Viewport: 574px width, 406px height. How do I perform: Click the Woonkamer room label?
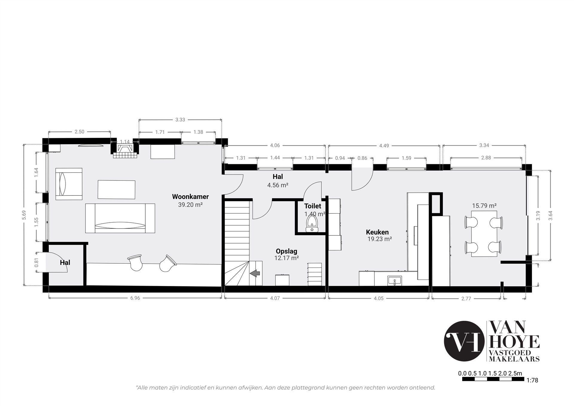(190, 197)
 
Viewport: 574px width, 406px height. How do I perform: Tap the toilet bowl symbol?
(312, 224)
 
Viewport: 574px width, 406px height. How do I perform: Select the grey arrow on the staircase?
(255, 273)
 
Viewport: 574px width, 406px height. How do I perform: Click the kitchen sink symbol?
(395, 281)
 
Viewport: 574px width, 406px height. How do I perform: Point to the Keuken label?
(377, 232)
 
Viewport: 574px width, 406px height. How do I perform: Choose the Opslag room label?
(286, 251)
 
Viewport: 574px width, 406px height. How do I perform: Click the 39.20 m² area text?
(190, 205)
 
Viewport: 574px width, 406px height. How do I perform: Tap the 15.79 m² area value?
(484, 206)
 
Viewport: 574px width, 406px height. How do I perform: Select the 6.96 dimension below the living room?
(135, 298)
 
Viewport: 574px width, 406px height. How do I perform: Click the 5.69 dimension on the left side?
(24, 215)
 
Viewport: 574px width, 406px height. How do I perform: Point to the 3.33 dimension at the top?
(180, 120)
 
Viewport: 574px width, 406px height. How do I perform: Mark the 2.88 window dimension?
(486, 158)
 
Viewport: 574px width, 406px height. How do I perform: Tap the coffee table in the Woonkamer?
(116, 189)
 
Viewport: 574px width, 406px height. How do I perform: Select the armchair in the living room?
(69, 184)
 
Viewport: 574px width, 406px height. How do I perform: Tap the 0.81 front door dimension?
(37, 262)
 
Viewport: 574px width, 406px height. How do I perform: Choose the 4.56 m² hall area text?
(278, 185)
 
